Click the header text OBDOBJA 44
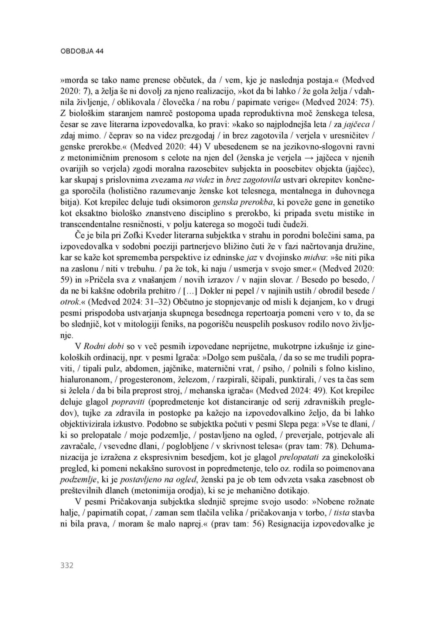[x=82, y=51]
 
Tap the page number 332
[x=66, y=565]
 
